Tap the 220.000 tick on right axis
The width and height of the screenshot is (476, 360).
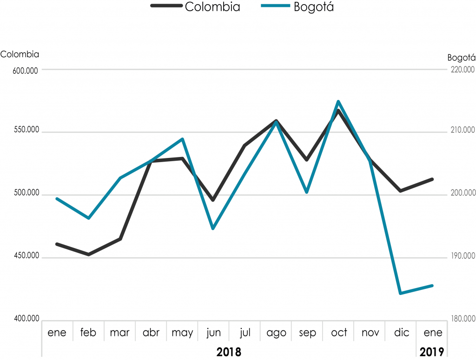tap(463, 70)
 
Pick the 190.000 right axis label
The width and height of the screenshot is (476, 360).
tap(463, 256)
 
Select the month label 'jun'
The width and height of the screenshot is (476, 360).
tap(214, 333)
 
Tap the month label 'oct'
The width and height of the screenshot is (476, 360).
tap(339, 333)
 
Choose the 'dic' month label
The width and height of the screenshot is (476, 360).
tap(401, 333)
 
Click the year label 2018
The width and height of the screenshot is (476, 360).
tap(229, 351)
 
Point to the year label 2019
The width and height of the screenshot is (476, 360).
tap(432, 351)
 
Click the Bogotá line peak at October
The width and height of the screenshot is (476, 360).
tap(338, 101)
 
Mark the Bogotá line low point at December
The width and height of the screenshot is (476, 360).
tap(400, 293)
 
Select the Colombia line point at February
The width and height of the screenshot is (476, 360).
tap(88, 255)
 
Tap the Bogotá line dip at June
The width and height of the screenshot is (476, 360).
tap(213, 229)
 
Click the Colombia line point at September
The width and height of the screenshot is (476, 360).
tap(306, 160)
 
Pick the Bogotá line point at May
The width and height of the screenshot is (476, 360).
tap(183, 139)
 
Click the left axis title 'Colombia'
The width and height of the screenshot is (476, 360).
tap(20, 54)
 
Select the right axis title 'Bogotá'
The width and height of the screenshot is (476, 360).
tap(461, 58)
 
